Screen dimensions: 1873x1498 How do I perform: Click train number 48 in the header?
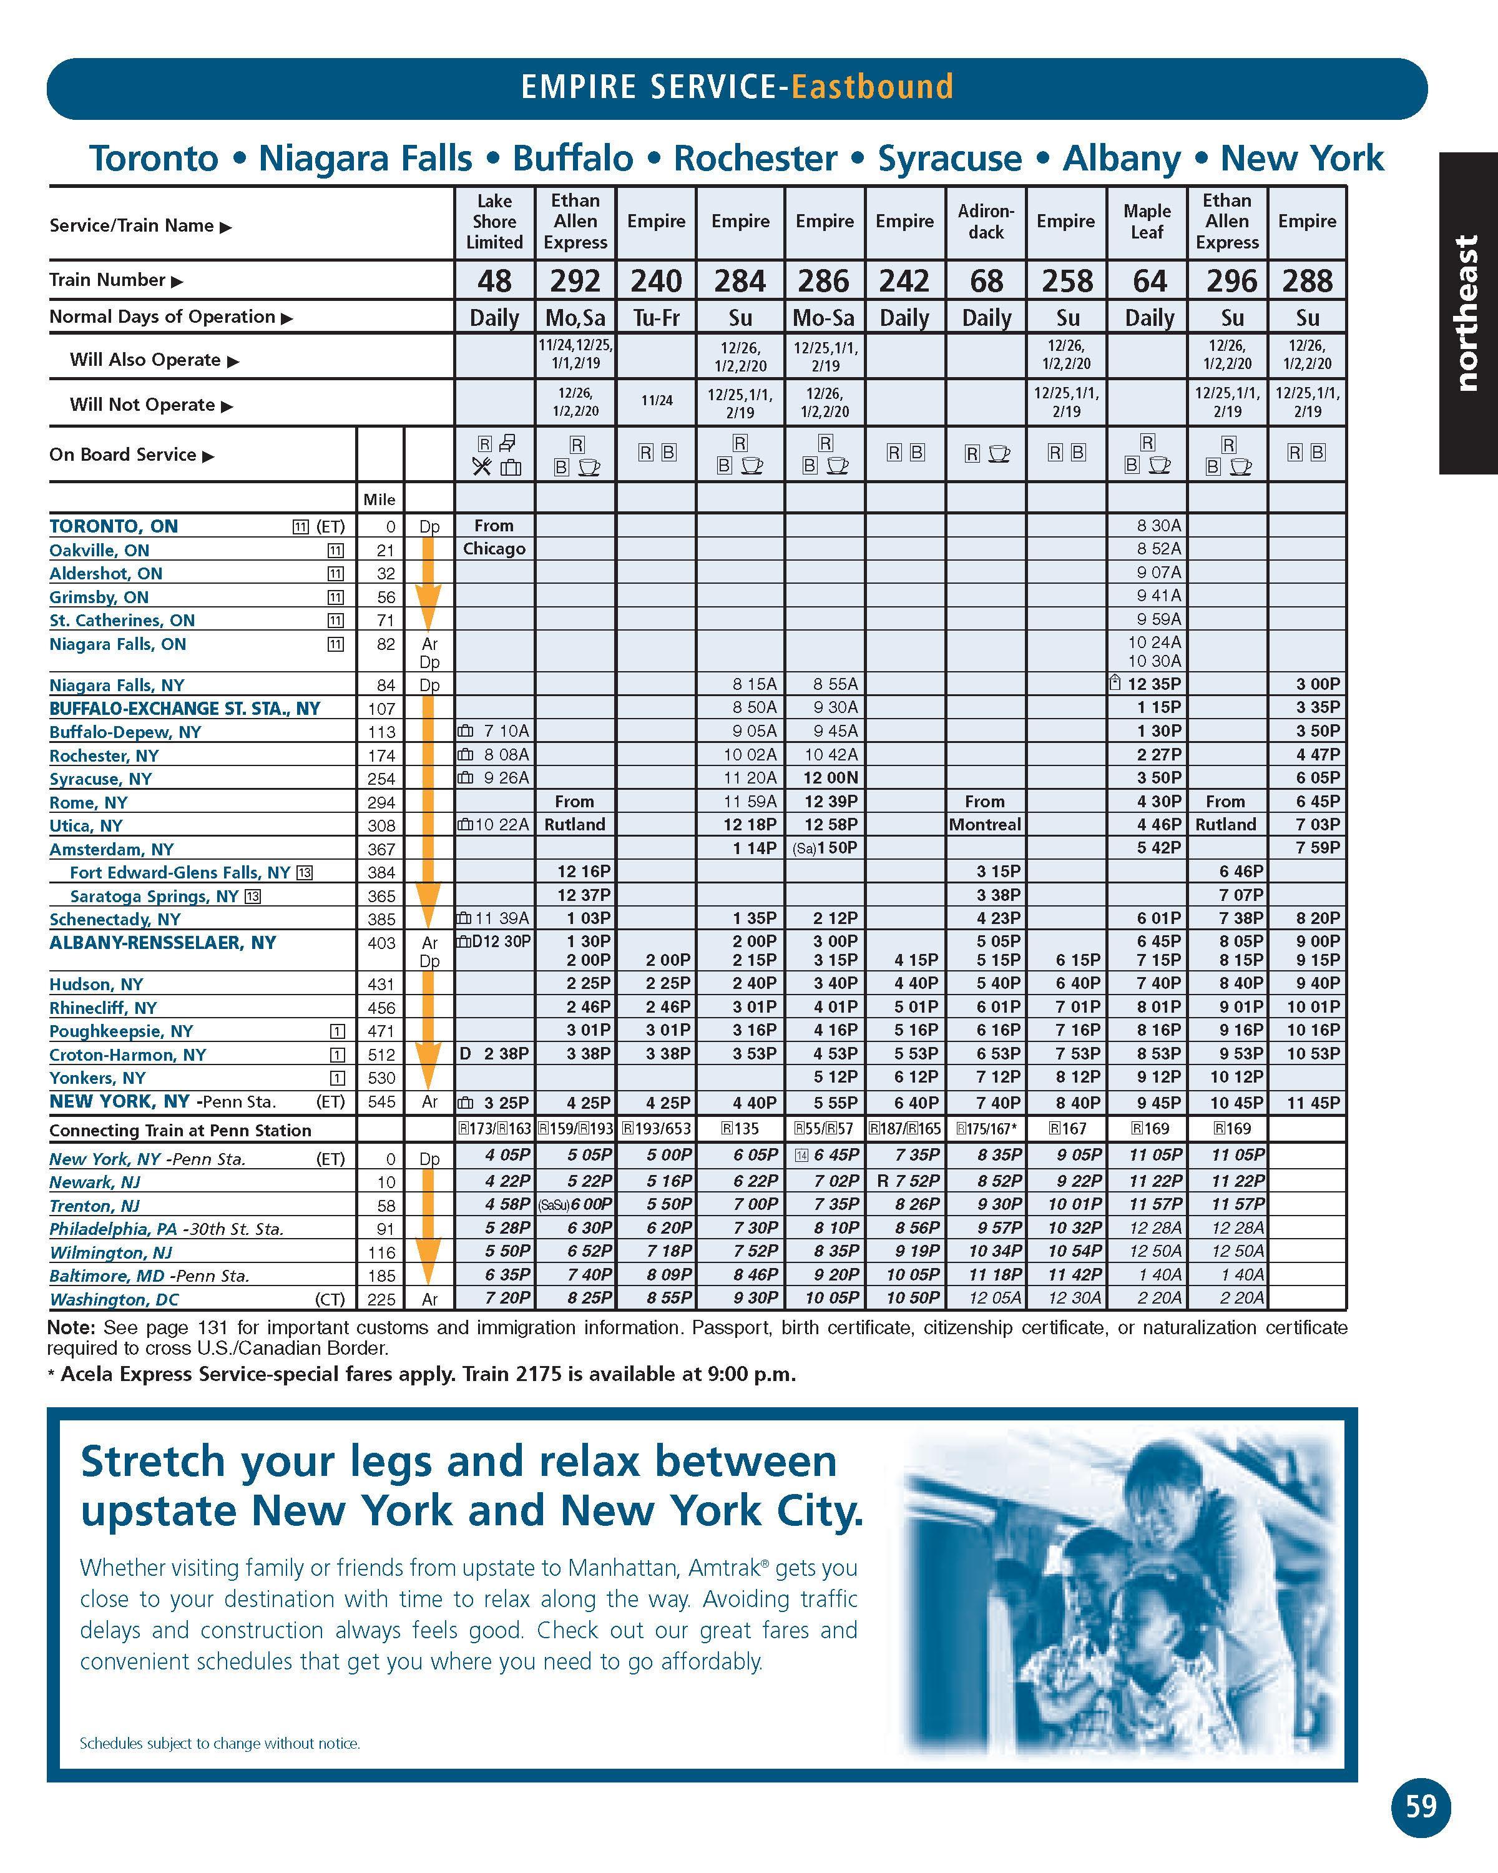point(494,280)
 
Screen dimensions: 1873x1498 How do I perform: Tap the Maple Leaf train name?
point(1147,222)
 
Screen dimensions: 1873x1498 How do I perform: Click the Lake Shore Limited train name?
point(494,222)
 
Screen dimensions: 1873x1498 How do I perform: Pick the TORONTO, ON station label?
point(114,526)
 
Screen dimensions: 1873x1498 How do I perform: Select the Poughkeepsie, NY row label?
point(120,1031)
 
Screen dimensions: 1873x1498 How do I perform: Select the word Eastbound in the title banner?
point(872,87)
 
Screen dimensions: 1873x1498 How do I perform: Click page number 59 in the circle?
point(1421,1806)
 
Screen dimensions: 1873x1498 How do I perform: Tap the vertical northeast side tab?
point(1467,313)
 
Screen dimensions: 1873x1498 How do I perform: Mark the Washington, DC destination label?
point(114,1300)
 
